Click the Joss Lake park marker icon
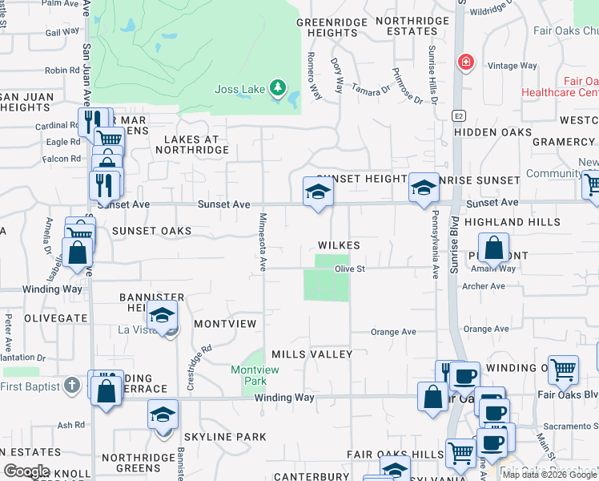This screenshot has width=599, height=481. (278, 87)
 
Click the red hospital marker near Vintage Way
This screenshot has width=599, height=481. (464, 62)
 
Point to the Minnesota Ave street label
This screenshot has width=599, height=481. (262, 240)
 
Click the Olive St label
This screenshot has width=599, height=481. (350, 269)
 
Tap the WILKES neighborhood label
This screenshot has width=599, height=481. (339, 245)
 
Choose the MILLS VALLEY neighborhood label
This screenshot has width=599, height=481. (312, 354)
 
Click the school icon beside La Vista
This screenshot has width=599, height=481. (163, 315)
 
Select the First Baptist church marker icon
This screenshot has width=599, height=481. (72, 386)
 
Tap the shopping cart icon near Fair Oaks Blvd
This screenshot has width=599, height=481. (564, 370)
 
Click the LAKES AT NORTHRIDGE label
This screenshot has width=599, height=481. (197, 144)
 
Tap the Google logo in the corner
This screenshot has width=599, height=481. (26, 471)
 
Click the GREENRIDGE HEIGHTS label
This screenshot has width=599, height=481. (328, 27)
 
